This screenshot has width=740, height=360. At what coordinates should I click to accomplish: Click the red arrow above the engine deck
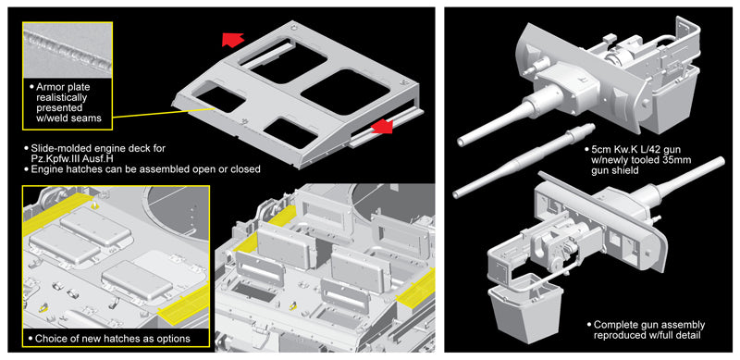(232, 40)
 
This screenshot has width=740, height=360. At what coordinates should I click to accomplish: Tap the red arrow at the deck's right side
(381, 128)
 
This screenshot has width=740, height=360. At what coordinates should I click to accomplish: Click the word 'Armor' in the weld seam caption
(50, 87)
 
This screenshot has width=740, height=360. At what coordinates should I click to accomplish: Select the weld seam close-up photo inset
(67, 51)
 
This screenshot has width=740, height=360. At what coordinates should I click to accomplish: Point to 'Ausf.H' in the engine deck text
(98, 158)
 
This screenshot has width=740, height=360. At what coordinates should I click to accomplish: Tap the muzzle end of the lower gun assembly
(720, 162)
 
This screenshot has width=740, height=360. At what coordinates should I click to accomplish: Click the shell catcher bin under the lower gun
(526, 312)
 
